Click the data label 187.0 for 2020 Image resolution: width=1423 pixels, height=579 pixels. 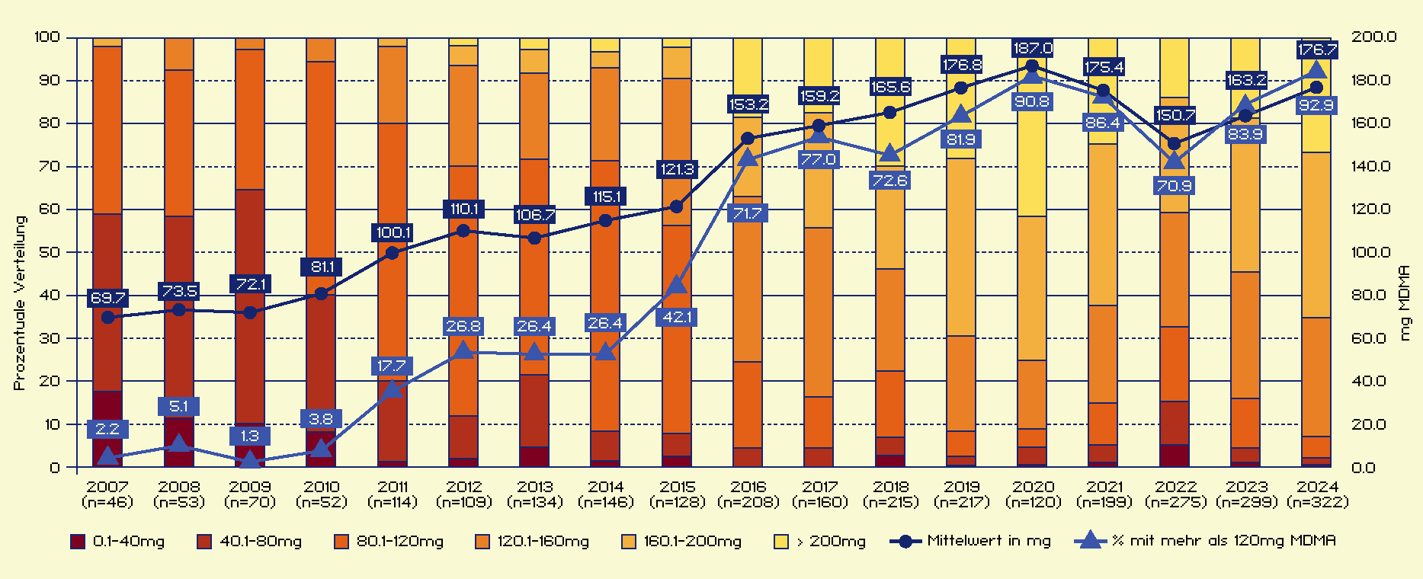(x=1033, y=48)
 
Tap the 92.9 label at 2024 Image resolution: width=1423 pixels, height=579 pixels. (x=1316, y=105)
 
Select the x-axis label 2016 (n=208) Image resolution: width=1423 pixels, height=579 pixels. (x=748, y=494)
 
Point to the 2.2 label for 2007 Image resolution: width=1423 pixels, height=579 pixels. (x=107, y=429)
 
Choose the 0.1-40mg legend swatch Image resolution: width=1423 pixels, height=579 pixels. (x=78, y=542)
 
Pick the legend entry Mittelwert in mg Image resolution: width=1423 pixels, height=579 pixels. (x=970, y=541)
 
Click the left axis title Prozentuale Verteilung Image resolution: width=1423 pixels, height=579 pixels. (x=20, y=302)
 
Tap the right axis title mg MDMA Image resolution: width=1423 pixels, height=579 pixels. (x=1405, y=302)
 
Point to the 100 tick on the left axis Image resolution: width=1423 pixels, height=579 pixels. (x=47, y=37)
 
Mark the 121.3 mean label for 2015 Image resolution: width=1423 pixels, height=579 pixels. (x=677, y=169)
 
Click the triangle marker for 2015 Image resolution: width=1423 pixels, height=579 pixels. (x=677, y=285)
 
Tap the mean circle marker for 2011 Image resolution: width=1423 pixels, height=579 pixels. (x=393, y=253)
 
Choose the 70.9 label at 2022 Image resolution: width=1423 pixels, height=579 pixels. (x=1174, y=186)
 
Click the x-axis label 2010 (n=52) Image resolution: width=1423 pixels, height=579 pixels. (x=322, y=494)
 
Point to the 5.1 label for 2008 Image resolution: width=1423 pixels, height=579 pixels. (x=178, y=406)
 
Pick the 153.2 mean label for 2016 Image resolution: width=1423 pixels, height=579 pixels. (x=748, y=104)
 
